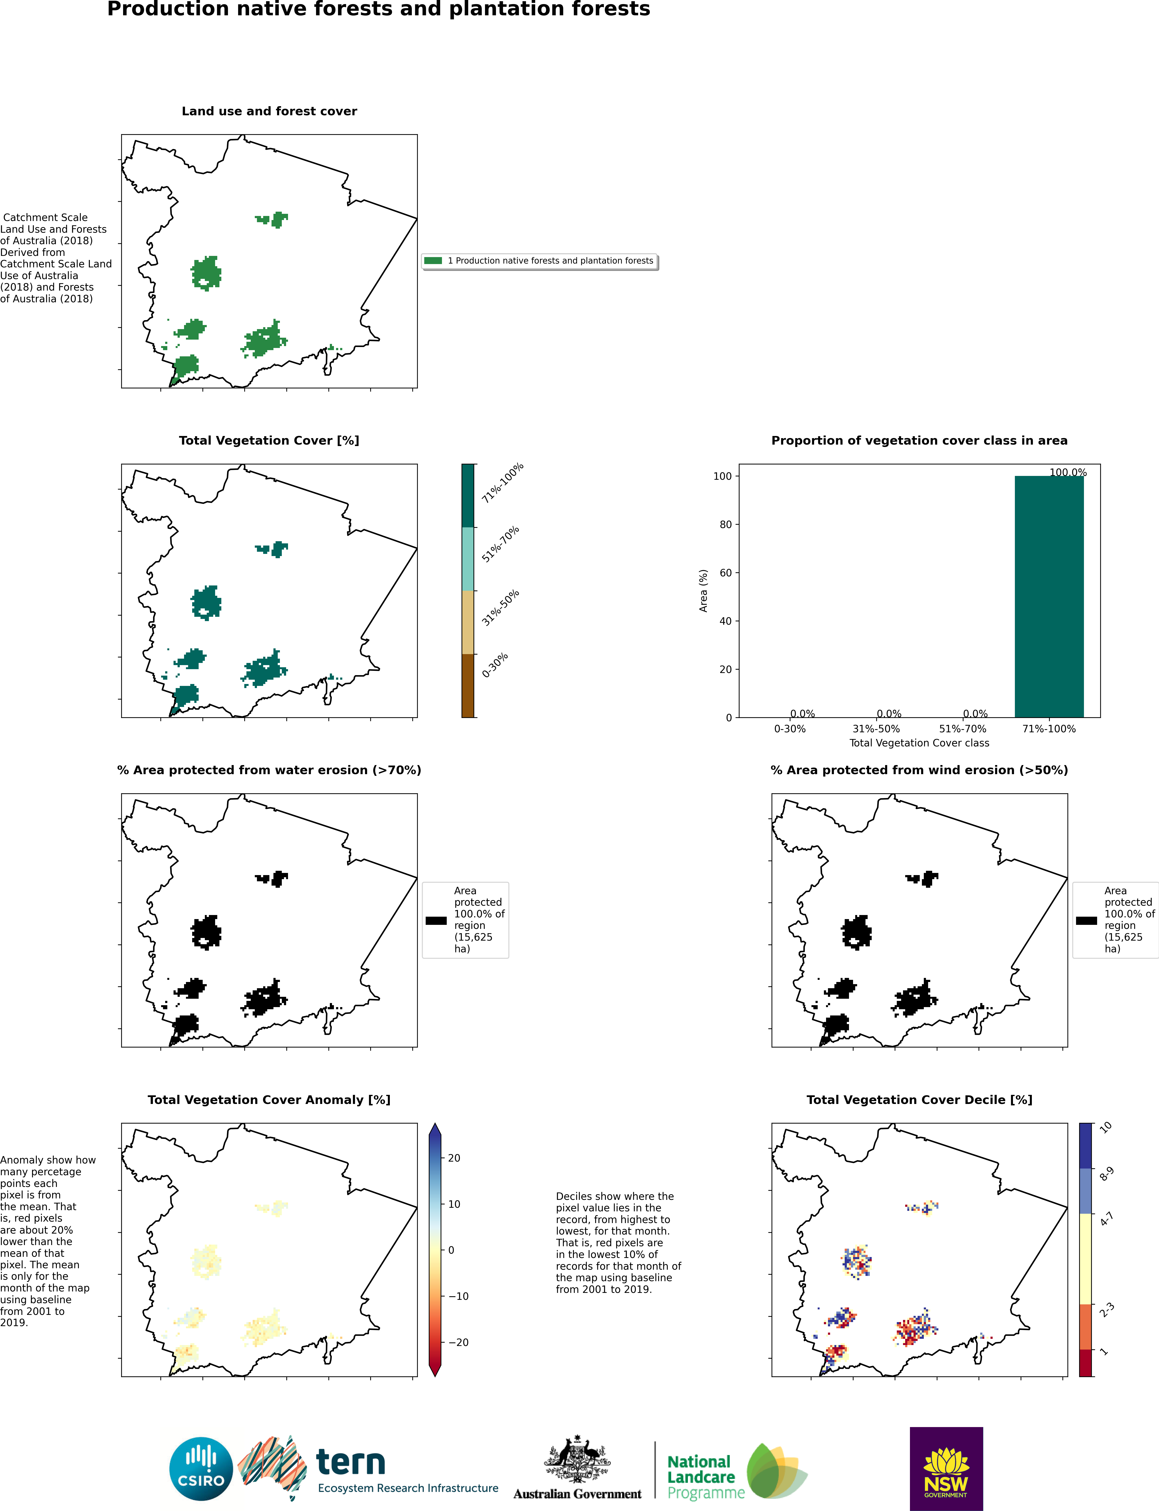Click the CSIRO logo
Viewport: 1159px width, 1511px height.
click(201, 1469)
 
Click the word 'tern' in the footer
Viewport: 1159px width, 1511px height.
click(350, 1462)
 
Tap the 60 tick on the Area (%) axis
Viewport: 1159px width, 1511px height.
click(725, 573)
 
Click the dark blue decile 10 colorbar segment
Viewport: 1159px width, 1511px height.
click(1085, 1146)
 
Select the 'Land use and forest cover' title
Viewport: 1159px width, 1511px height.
click(269, 111)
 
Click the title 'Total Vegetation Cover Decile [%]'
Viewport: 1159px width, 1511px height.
click(919, 1100)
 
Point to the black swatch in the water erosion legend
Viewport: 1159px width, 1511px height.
click(436, 920)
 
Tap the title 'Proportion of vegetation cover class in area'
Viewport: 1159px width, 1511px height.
click(919, 440)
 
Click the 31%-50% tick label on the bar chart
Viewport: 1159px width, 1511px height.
click(876, 729)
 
